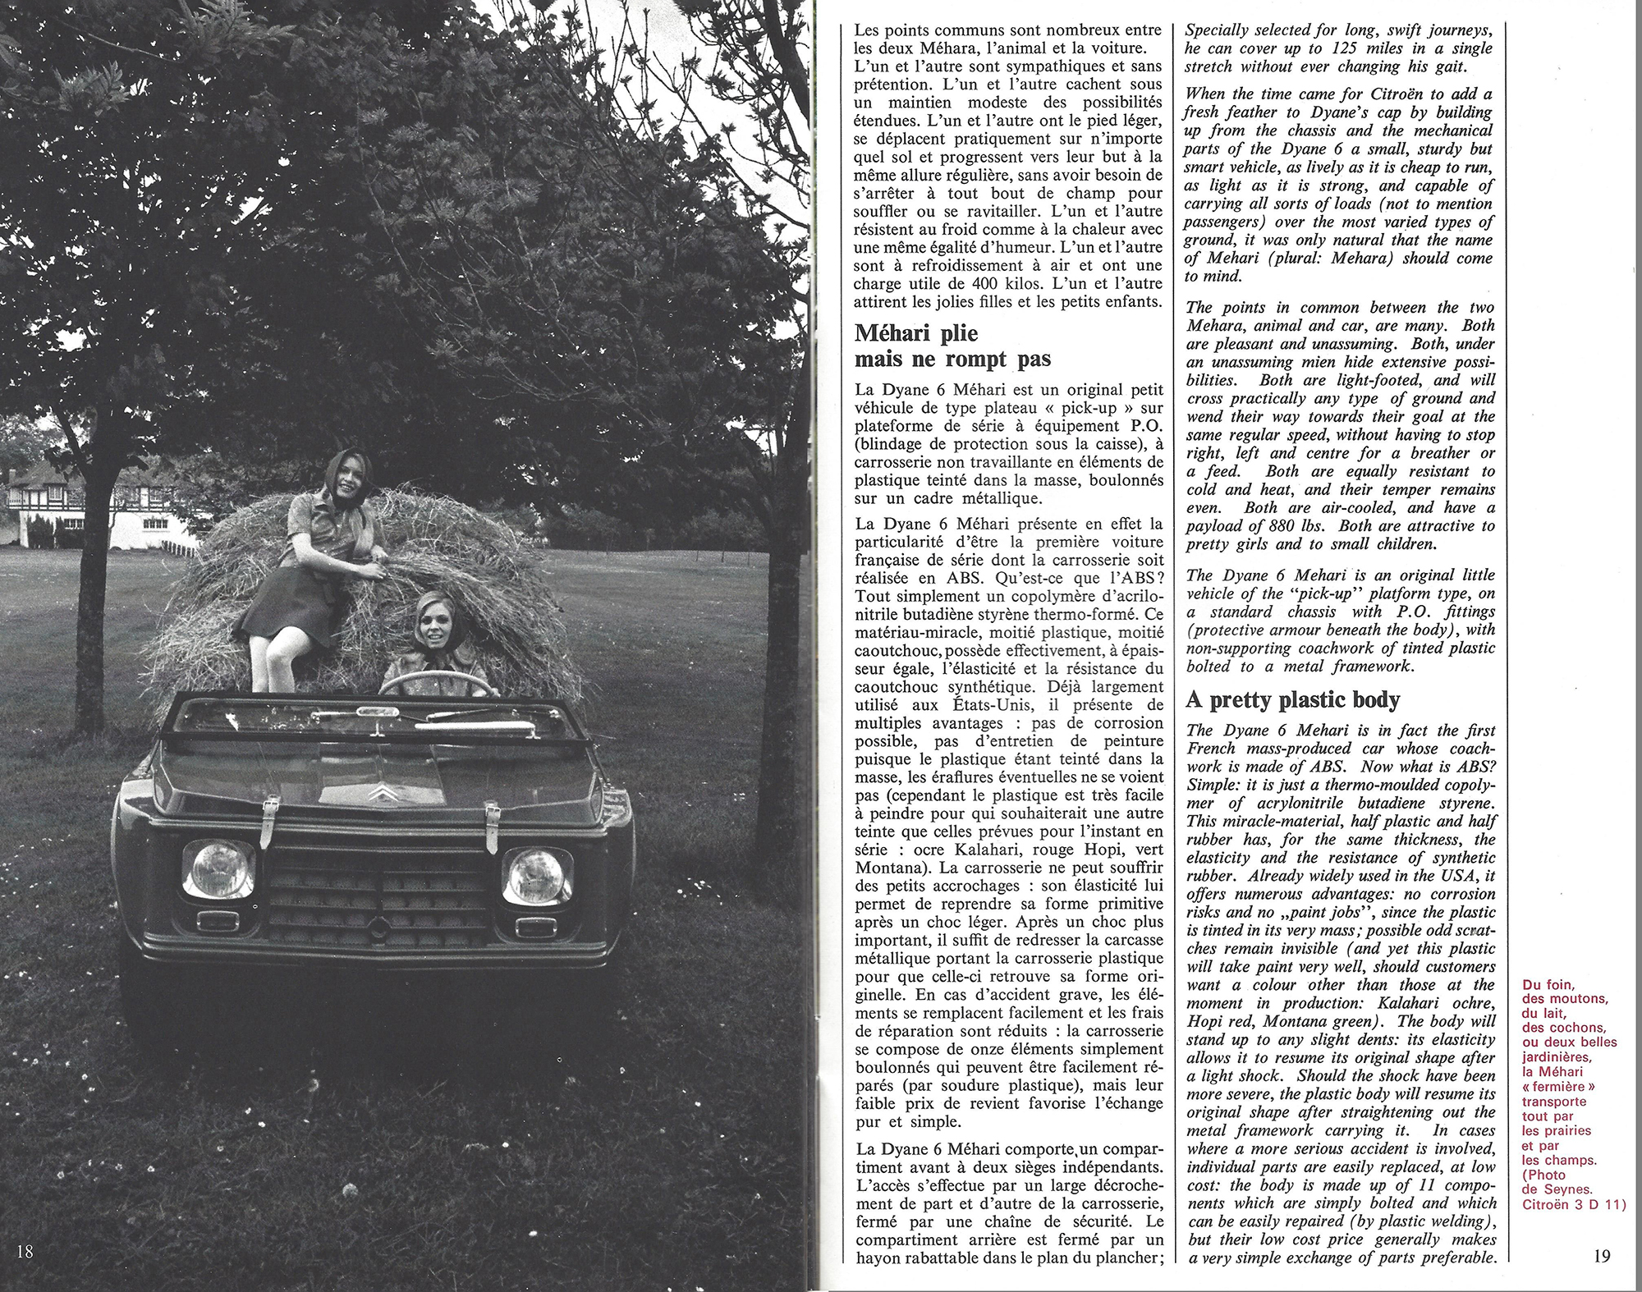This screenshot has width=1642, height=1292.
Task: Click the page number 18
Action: pos(24,1251)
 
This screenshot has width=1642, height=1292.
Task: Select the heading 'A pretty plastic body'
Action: pos(1292,699)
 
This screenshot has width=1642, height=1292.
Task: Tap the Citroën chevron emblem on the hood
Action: pos(378,792)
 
